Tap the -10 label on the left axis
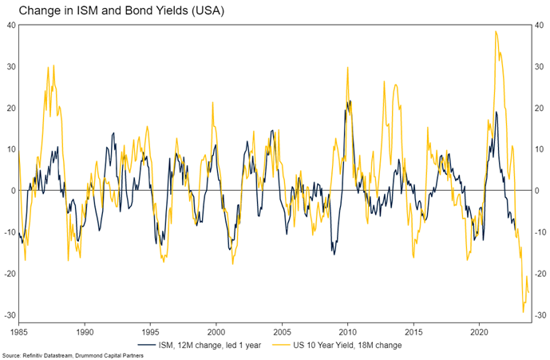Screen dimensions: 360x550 [10, 232]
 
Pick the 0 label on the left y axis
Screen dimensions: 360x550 [13, 191]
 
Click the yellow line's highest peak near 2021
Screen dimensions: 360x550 [496, 31]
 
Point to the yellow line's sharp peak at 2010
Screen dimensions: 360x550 [348, 67]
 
